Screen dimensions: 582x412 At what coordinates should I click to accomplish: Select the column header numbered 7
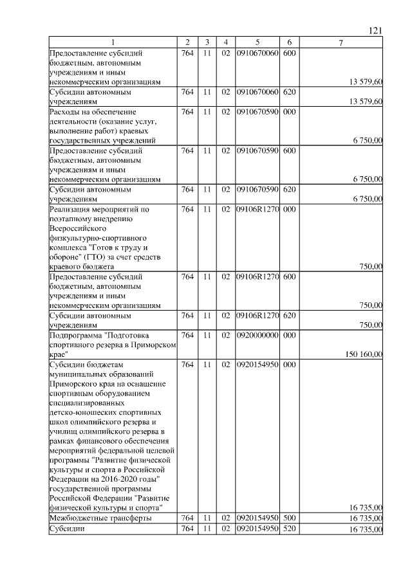click(x=341, y=42)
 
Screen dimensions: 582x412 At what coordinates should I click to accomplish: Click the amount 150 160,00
click(x=364, y=354)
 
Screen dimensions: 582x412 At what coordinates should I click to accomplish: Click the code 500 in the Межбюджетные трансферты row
click(x=289, y=518)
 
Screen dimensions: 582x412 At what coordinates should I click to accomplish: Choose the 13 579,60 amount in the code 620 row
click(x=366, y=102)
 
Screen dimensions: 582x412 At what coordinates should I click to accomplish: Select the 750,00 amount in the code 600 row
click(x=371, y=305)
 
